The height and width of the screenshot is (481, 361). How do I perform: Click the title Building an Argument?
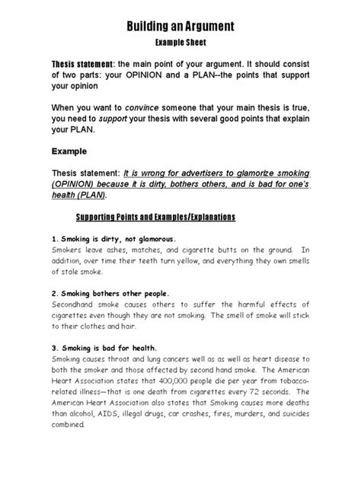pyautogui.click(x=180, y=27)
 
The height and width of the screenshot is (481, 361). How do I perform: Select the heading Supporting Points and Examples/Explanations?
pyautogui.click(x=180, y=217)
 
